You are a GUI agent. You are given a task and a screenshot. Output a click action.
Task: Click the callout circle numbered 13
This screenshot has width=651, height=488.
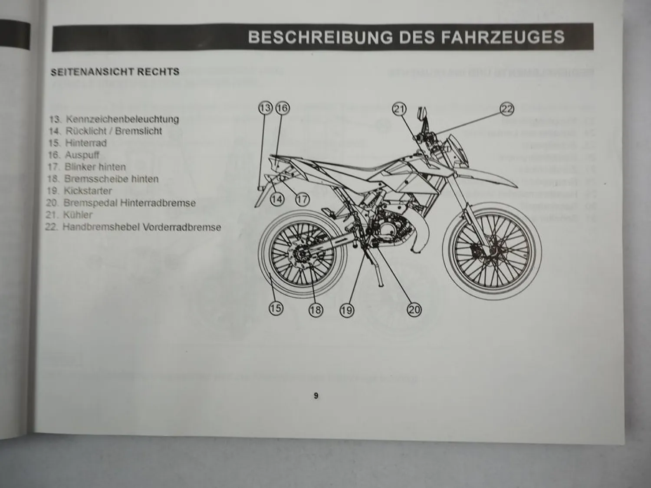[x=265, y=108]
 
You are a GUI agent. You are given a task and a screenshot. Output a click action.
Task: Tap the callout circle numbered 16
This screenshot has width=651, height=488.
[x=282, y=108]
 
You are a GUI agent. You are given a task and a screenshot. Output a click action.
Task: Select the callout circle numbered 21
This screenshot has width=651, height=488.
[x=399, y=109]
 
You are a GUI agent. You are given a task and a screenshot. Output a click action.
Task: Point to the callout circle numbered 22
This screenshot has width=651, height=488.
[x=507, y=109]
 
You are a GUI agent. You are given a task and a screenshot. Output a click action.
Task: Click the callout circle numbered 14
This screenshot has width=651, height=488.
[x=277, y=199]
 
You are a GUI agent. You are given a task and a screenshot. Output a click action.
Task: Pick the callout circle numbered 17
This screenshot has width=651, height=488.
[x=302, y=199]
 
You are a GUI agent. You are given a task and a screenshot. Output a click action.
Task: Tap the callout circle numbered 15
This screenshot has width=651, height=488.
[x=276, y=308]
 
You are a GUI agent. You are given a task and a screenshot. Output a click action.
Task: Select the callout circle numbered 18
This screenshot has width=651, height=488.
[x=316, y=310]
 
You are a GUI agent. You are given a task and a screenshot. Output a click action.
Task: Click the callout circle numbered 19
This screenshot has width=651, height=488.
[x=347, y=310]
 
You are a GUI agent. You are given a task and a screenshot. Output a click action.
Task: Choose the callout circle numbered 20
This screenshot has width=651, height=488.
[x=414, y=309]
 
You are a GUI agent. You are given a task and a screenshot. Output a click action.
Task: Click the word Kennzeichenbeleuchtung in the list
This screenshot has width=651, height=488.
[x=122, y=119]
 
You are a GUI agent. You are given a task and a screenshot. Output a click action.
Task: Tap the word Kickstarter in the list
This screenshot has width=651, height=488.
[x=88, y=191]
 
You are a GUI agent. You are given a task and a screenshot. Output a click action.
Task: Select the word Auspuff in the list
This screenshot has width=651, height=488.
[x=82, y=155]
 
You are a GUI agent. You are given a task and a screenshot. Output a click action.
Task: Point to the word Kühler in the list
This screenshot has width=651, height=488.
[x=78, y=215]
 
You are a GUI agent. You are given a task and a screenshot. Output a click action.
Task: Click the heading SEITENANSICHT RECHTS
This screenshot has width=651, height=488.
[x=115, y=72]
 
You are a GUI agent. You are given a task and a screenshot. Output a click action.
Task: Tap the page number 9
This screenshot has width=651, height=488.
[x=316, y=396]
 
